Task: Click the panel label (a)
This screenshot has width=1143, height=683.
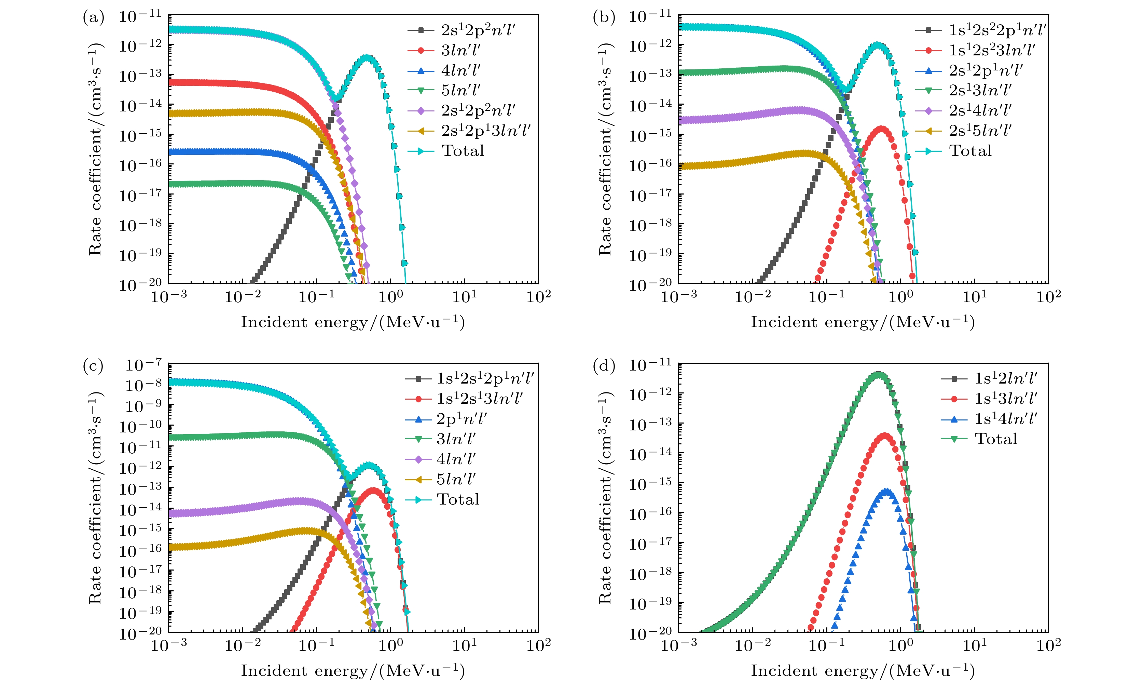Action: click(93, 18)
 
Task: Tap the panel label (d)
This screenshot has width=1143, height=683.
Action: click(604, 366)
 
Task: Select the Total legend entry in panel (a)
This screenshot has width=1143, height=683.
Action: click(463, 151)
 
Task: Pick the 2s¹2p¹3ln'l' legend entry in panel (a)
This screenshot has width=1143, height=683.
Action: click(485, 131)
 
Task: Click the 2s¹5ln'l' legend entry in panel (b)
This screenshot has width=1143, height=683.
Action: click(980, 131)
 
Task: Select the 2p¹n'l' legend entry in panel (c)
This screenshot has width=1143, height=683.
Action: click(461, 419)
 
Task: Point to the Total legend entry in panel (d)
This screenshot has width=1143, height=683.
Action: click(996, 439)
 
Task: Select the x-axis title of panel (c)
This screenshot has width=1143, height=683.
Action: click(353, 671)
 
